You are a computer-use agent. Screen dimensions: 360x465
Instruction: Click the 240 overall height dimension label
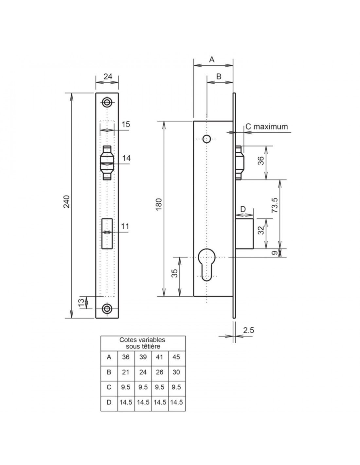(67, 201)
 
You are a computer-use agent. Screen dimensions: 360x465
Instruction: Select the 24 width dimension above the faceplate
(108, 77)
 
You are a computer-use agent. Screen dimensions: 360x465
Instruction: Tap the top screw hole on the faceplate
(107, 102)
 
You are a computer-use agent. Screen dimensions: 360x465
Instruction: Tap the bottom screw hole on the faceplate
(107, 308)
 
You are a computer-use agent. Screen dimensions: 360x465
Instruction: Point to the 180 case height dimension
(159, 205)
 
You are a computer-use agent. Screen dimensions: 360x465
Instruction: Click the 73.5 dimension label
(275, 205)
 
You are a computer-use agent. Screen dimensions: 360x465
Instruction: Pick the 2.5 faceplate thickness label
(248, 330)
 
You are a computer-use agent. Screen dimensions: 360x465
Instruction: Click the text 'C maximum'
(267, 127)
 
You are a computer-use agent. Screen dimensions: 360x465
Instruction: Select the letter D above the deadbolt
(243, 209)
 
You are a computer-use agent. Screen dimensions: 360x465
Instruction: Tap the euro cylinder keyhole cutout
(207, 265)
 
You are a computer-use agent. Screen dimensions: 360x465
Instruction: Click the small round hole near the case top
(207, 139)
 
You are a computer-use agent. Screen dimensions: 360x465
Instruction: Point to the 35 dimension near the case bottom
(175, 273)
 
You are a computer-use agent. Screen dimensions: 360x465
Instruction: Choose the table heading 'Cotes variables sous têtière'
(142, 343)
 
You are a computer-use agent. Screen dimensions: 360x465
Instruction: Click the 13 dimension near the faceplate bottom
(81, 302)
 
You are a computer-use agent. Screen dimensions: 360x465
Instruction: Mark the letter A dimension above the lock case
(212, 59)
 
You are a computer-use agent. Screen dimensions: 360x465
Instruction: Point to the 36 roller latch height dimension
(261, 161)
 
